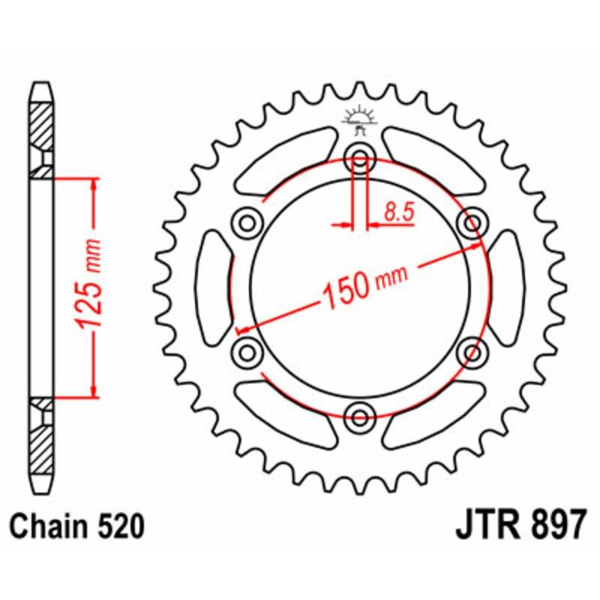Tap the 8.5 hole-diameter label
(x=398, y=212)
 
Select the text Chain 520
(x=78, y=526)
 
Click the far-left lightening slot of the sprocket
(x=211, y=287)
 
